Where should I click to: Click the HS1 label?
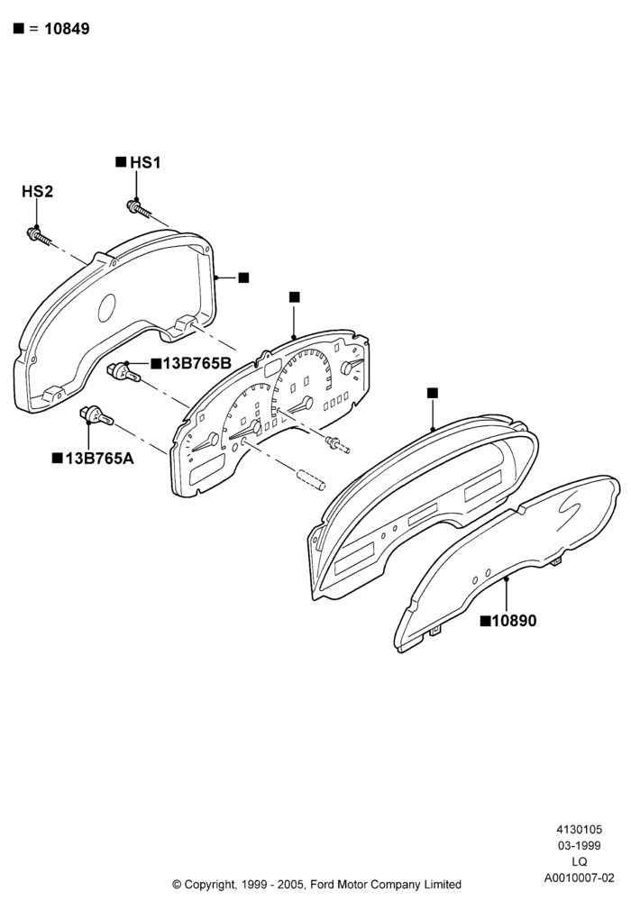(x=145, y=162)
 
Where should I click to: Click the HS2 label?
(x=37, y=191)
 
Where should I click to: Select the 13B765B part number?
(x=197, y=363)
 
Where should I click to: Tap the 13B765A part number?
(x=99, y=458)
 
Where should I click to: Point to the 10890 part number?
(x=515, y=621)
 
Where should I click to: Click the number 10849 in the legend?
(x=68, y=29)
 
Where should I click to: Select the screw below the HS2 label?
(x=39, y=236)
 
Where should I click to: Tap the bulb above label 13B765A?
(x=96, y=415)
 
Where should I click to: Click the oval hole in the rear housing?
(x=107, y=307)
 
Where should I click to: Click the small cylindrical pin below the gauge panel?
(x=310, y=480)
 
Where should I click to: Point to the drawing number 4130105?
(x=580, y=829)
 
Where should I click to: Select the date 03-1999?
(x=580, y=845)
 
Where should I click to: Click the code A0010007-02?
(x=580, y=878)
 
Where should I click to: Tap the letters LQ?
(x=580, y=861)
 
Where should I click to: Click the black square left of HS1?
(x=121, y=161)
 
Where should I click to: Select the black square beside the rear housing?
(x=243, y=278)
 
